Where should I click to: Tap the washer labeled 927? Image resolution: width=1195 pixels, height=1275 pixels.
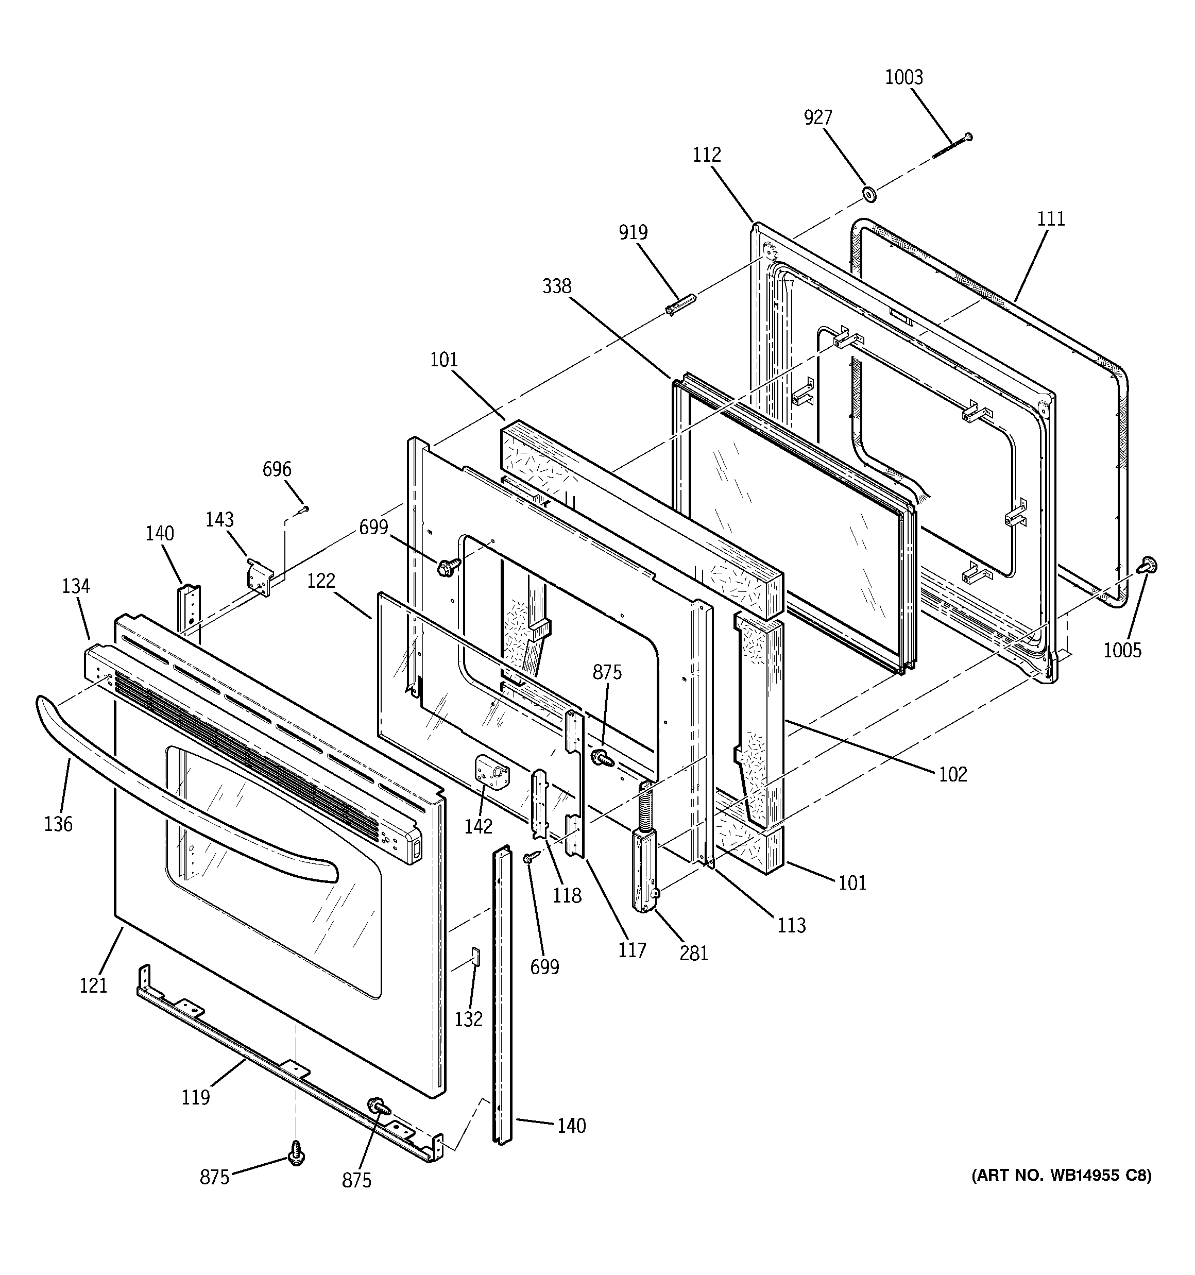tap(869, 193)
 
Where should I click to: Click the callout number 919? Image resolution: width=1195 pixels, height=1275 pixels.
tap(633, 232)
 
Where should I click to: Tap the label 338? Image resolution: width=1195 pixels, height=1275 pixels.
tap(556, 286)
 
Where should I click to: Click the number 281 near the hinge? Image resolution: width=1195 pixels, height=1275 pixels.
tap(693, 954)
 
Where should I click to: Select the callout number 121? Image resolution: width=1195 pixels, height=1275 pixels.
tap(93, 985)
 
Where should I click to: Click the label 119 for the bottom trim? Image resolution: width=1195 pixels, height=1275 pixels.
tap(195, 1097)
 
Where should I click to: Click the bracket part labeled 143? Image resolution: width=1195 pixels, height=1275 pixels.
tap(260, 578)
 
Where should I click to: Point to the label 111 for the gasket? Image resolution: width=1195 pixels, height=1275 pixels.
tap(1051, 219)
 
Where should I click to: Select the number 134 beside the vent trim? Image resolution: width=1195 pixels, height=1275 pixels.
tap(76, 586)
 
